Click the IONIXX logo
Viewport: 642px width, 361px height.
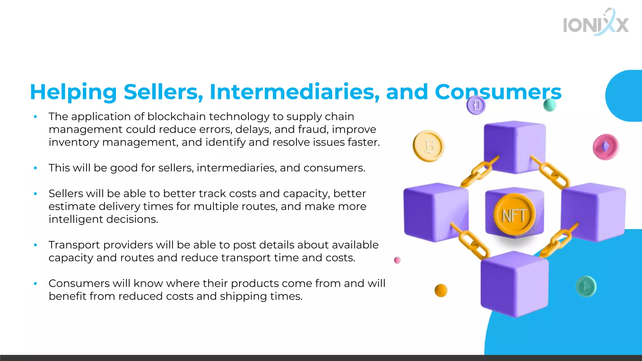(x=596, y=23)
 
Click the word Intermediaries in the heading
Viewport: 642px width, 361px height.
(x=294, y=92)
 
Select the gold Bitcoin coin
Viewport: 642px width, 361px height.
(x=428, y=146)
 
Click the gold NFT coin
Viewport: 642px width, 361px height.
(x=514, y=215)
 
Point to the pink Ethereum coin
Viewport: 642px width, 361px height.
(x=606, y=147)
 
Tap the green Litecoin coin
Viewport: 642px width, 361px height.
(x=586, y=286)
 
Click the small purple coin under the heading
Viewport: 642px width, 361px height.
(x=476, y=105)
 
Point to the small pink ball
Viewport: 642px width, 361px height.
(x=397, y=260)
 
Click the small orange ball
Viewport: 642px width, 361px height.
(x=441, y=290)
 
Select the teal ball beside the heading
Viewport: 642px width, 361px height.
(x=550, y=105)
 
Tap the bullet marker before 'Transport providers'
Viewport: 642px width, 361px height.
(x=35, y=245)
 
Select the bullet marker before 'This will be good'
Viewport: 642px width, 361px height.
(x=35, y=168)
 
